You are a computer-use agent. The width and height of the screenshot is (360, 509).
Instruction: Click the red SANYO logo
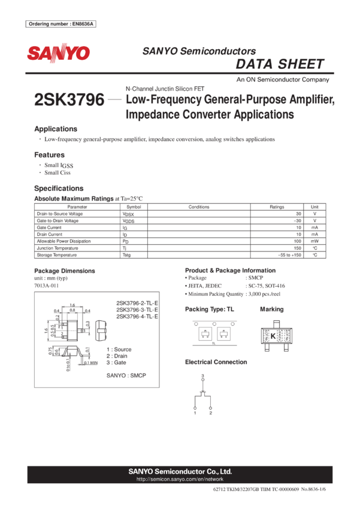tap(58, 53)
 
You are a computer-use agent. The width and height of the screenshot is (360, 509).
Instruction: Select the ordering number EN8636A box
tap(61, 24)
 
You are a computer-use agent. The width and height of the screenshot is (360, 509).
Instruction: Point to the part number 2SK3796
tap(69, 99)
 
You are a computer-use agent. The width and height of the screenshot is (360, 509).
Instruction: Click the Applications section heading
tap(56, 129)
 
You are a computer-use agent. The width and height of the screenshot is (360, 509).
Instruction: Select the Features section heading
tap(50, 154)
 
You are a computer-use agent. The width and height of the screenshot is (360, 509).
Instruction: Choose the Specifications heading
tap(59, 188)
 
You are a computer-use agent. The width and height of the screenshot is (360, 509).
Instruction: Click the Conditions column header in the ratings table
tap(199, 207)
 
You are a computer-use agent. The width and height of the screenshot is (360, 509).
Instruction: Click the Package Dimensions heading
tap(64, 271)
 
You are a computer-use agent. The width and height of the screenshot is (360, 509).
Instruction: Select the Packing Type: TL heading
tap(209, 309)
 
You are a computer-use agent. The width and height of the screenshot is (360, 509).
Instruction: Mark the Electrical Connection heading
tap(216, 362)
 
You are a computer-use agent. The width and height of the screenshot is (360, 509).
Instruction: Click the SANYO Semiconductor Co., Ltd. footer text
tap(180, 471)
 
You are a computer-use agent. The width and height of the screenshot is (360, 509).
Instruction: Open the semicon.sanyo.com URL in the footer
tap(180, 479)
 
